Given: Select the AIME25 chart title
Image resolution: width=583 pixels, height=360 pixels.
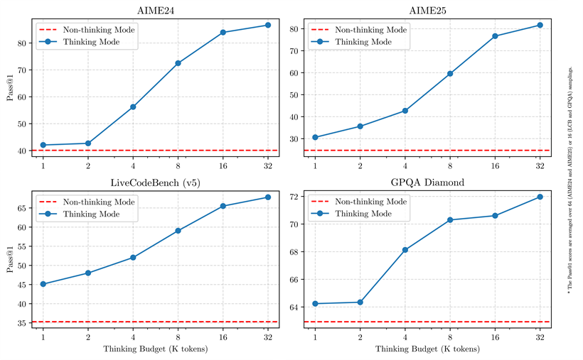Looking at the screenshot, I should pyautogui.click(x=427, y=11).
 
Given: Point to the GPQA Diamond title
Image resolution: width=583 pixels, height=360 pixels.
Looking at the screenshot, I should pyautogui.click(x=427, y=182).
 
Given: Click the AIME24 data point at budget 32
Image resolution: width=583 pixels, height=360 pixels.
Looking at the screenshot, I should pyautogui.click(x=268, y=25).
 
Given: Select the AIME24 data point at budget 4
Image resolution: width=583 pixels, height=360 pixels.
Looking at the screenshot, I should pyautogui.click(x=133, y=107).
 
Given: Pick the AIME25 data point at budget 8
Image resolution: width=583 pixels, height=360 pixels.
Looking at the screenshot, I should pyautogui.click(x=450, y=74).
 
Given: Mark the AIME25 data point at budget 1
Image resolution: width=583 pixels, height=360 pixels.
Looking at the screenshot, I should pyautogui.click(x=315, y=137).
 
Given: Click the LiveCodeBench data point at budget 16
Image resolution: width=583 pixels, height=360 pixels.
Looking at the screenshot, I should pyautogui.click(x=223, y=206).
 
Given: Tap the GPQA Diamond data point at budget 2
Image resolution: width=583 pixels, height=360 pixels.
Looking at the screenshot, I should pyautogui.click(x=360, y=302).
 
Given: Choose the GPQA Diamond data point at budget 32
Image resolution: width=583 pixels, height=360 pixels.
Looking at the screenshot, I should pyautogui.click(x=540, y=197).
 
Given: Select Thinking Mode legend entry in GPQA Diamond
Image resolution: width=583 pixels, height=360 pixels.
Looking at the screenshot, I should pyautogui.click(x=363, y=213).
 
